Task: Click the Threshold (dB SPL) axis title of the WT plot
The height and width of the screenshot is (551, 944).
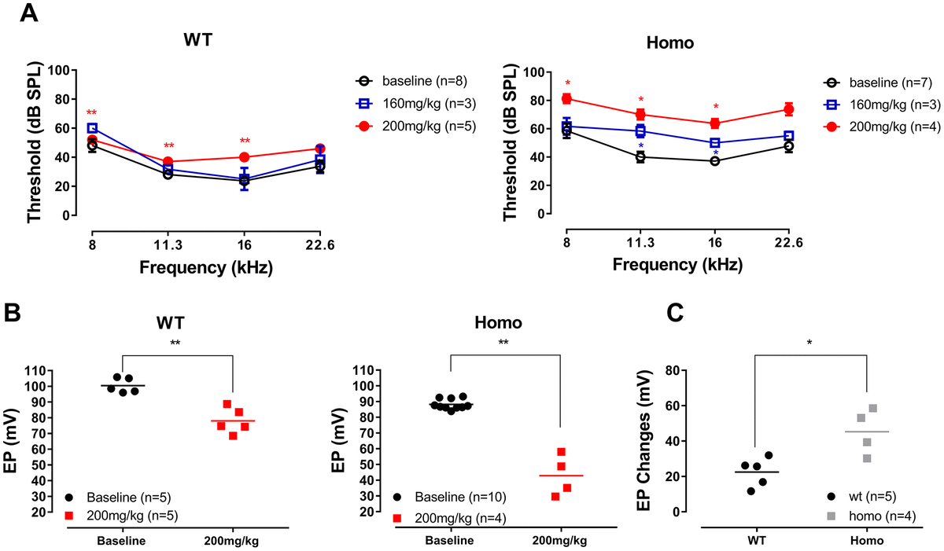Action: pyautogui.click(x=35, y=144)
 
